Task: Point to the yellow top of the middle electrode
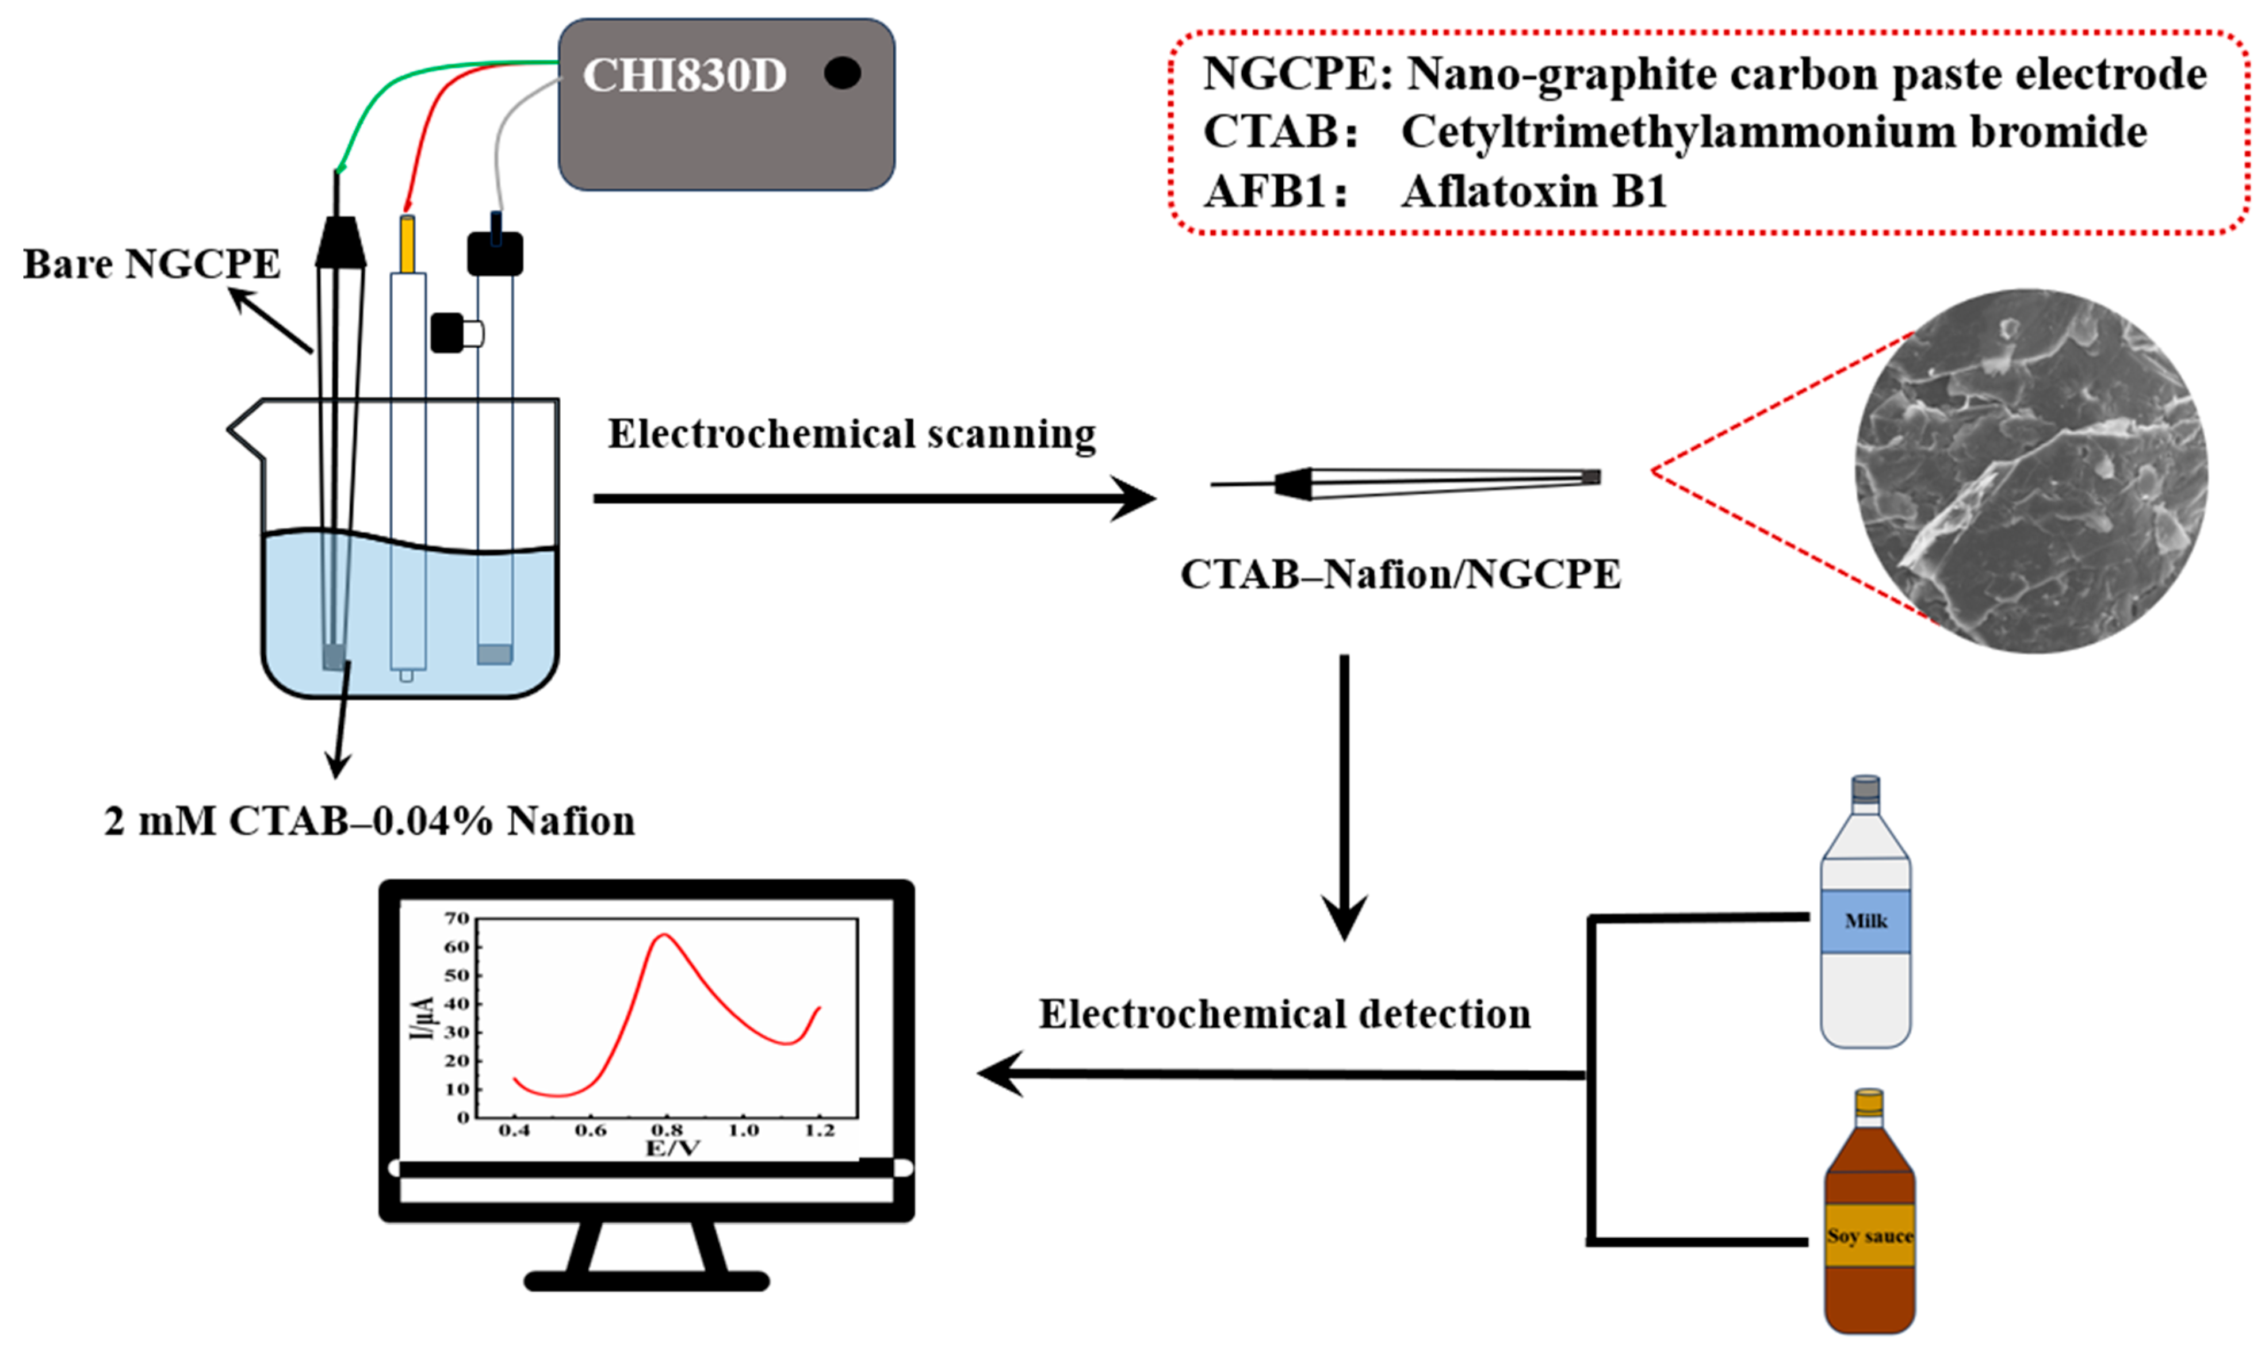point(407,245)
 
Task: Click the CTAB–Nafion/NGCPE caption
point(1400,574)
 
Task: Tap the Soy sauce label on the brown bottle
point(1869,1237)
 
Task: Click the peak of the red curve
point(664,935)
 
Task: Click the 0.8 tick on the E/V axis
point(667,1130)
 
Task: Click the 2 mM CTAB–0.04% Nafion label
point(369,821)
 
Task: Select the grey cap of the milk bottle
point(1865,787)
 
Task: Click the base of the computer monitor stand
point(646,1280)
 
